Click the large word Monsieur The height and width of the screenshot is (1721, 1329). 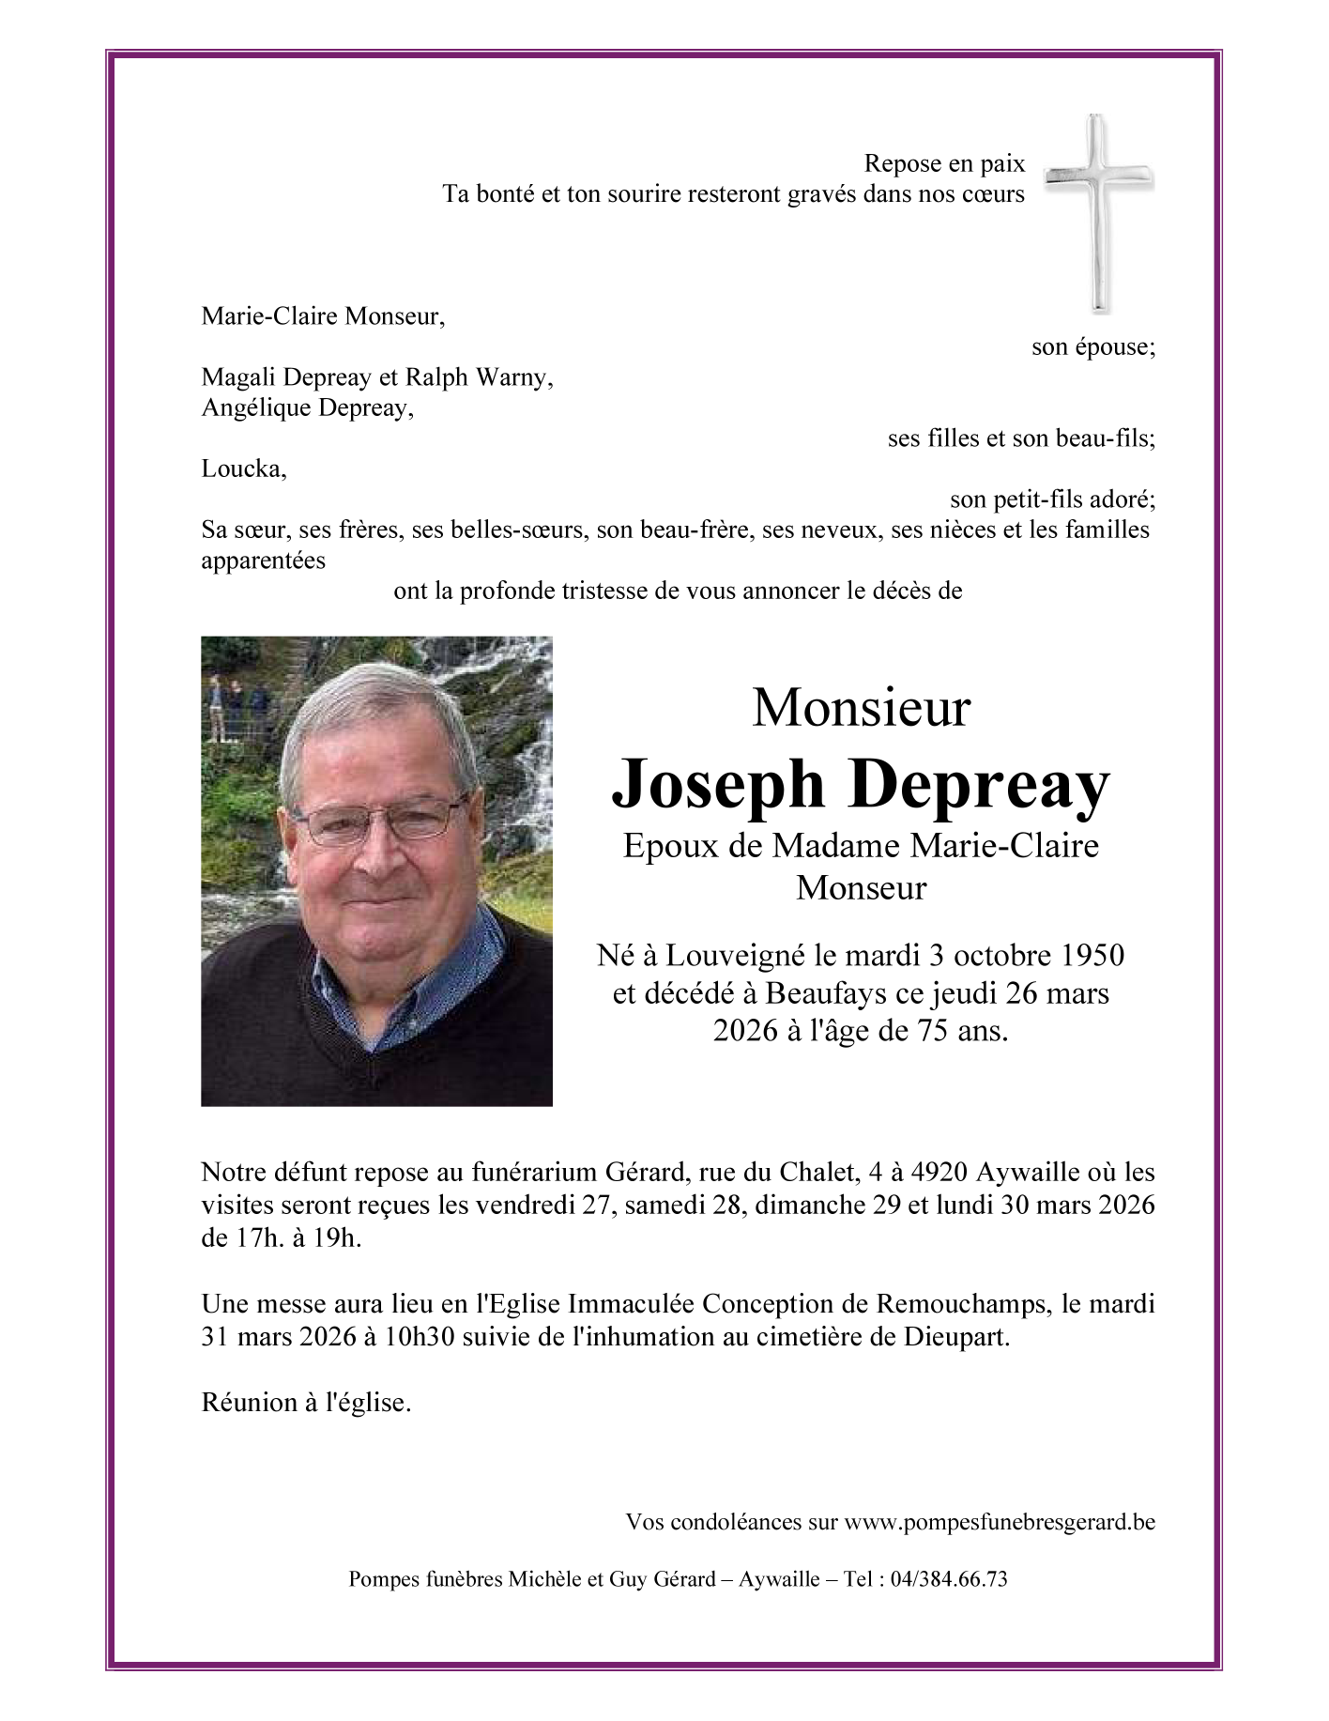(x=861, y=708)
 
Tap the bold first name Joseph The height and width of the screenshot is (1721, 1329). (x=718, y=784)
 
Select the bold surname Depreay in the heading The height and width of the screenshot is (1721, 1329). (x=981, y=784)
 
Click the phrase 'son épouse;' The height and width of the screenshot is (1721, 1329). (x=1093, y=346)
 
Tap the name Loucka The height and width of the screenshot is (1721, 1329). (x=243, y=469)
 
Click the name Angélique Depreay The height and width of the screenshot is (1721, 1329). (x=306, y=407)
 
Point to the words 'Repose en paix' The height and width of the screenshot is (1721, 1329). (x=944, y=163)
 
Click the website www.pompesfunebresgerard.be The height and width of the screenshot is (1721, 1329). (x=1000, y=1522)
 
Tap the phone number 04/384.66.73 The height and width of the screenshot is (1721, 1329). (x=949, y=1579)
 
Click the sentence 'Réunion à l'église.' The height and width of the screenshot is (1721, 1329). (x=306, y=1403)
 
